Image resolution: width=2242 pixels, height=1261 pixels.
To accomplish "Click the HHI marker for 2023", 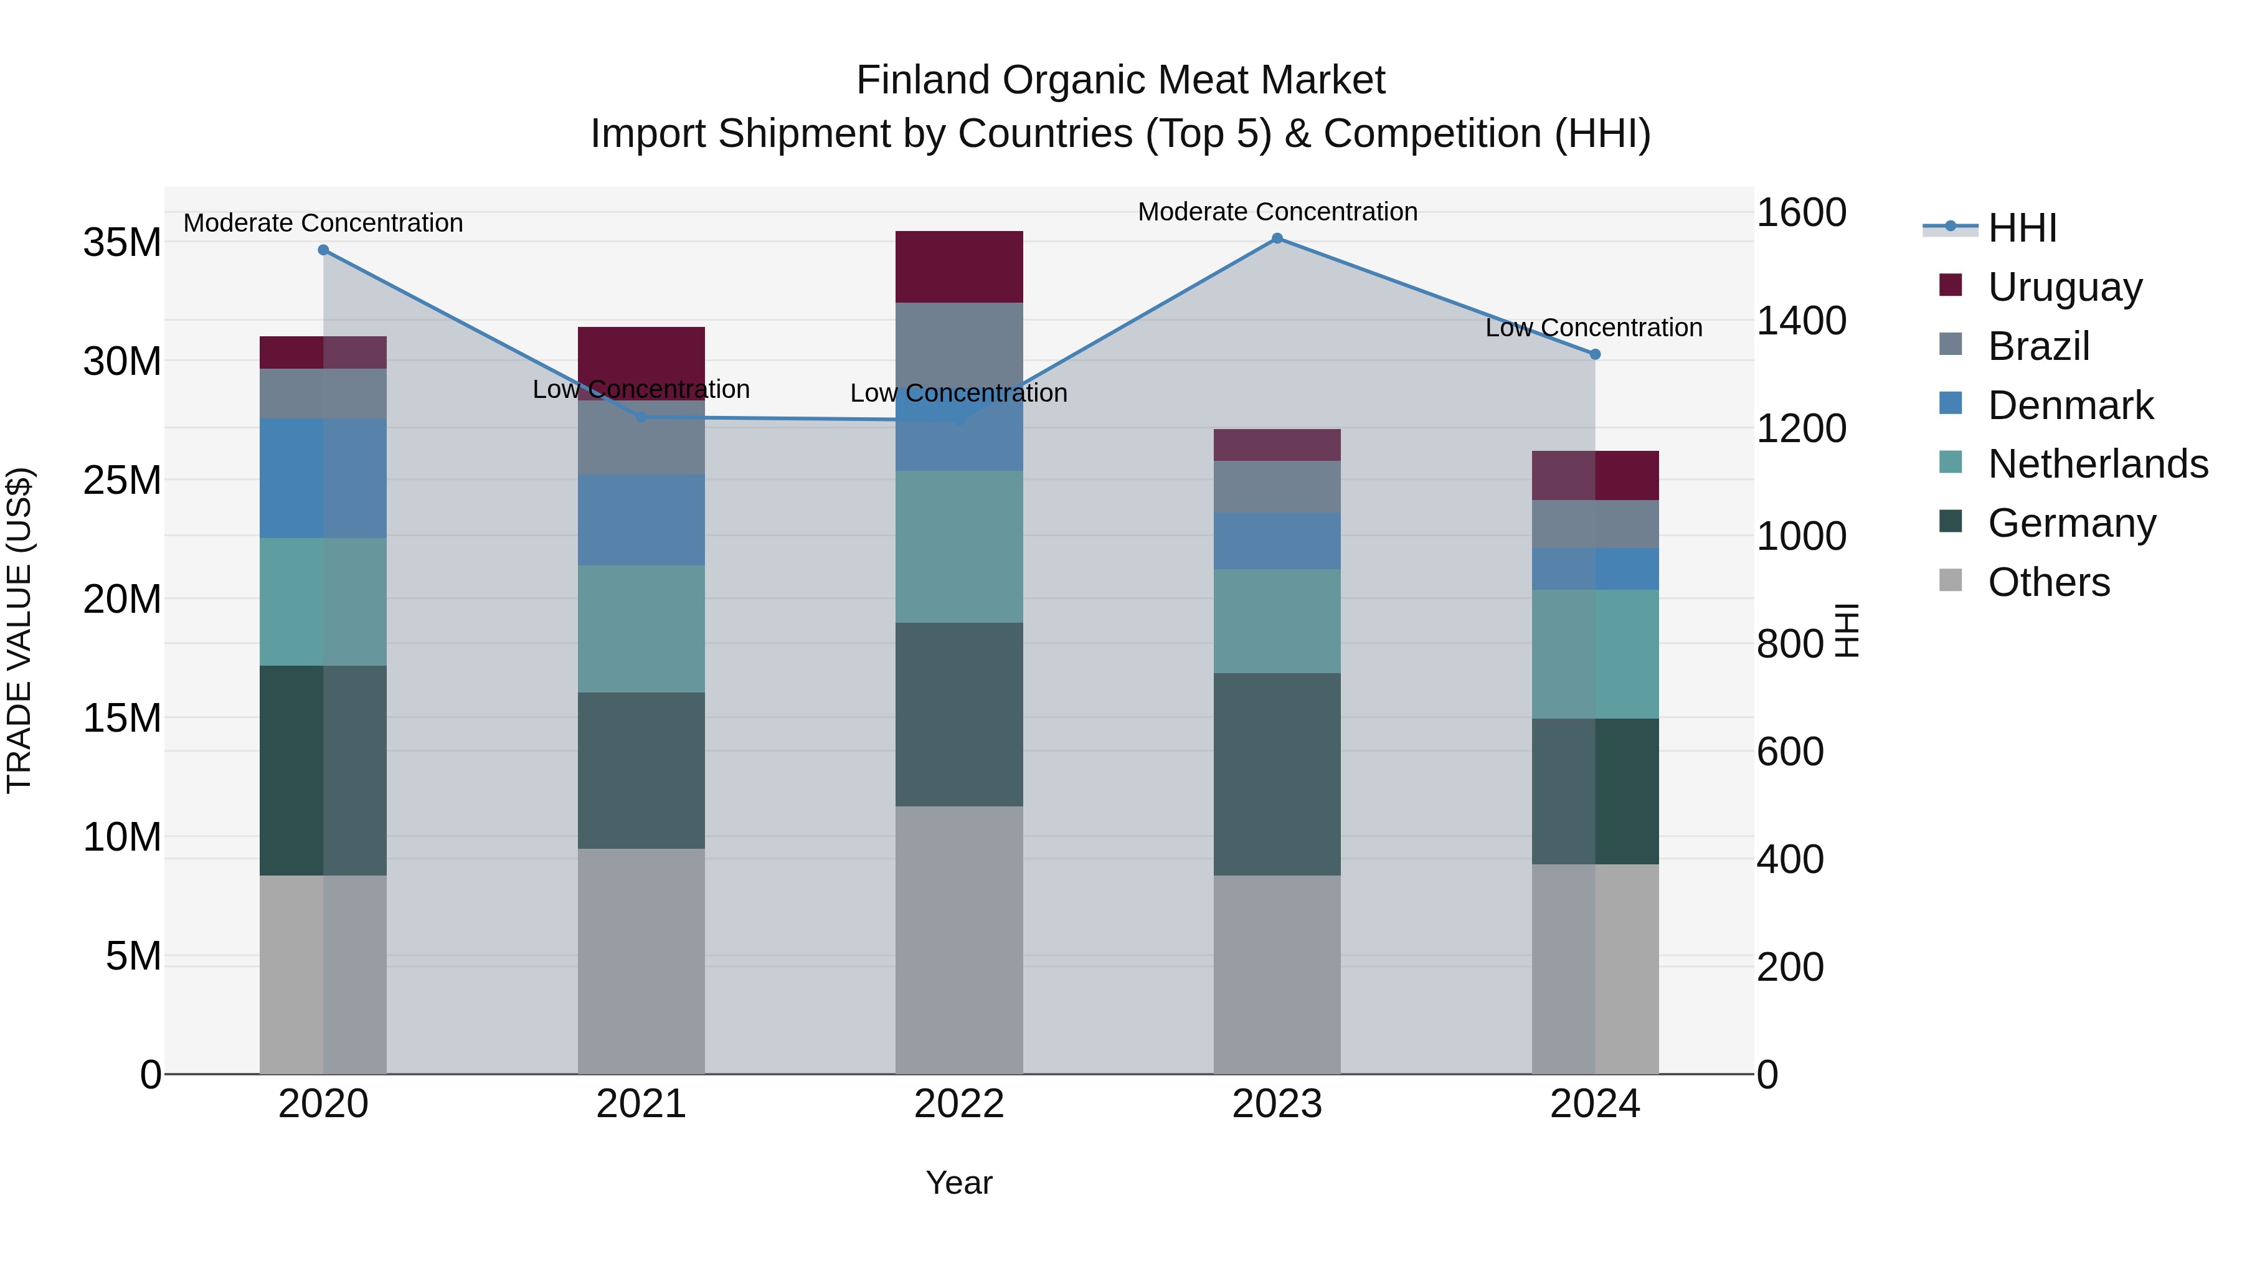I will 1277,239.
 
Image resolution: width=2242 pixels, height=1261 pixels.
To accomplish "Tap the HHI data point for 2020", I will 323,250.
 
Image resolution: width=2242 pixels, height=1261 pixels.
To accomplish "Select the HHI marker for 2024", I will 1594,354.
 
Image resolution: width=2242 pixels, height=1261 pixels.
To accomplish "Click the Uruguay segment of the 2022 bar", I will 959,267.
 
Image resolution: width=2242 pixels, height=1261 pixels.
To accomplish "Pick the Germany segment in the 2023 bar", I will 1277,773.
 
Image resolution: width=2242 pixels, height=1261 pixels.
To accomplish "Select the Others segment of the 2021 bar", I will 641,961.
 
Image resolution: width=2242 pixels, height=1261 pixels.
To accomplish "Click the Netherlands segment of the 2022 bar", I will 959,547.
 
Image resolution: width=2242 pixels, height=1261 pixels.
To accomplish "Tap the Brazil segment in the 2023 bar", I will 1277,486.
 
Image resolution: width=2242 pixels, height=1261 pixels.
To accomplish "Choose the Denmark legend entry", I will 2069,405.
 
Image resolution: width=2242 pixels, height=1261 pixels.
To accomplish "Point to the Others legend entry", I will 2048,582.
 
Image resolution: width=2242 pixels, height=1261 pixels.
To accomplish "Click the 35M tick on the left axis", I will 122,242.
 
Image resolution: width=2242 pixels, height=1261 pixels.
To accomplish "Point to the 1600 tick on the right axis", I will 1800,212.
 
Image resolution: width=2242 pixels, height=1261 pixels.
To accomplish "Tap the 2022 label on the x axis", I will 959,1104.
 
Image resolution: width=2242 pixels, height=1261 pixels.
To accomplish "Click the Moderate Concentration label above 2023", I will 1277,212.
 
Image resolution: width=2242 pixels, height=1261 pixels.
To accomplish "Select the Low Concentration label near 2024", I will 1592,328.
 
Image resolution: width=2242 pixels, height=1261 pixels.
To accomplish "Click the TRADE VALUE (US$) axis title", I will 19,630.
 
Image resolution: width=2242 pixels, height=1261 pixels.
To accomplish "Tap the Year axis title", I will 959,1183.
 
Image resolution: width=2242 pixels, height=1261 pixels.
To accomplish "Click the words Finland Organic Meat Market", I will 1120,80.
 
